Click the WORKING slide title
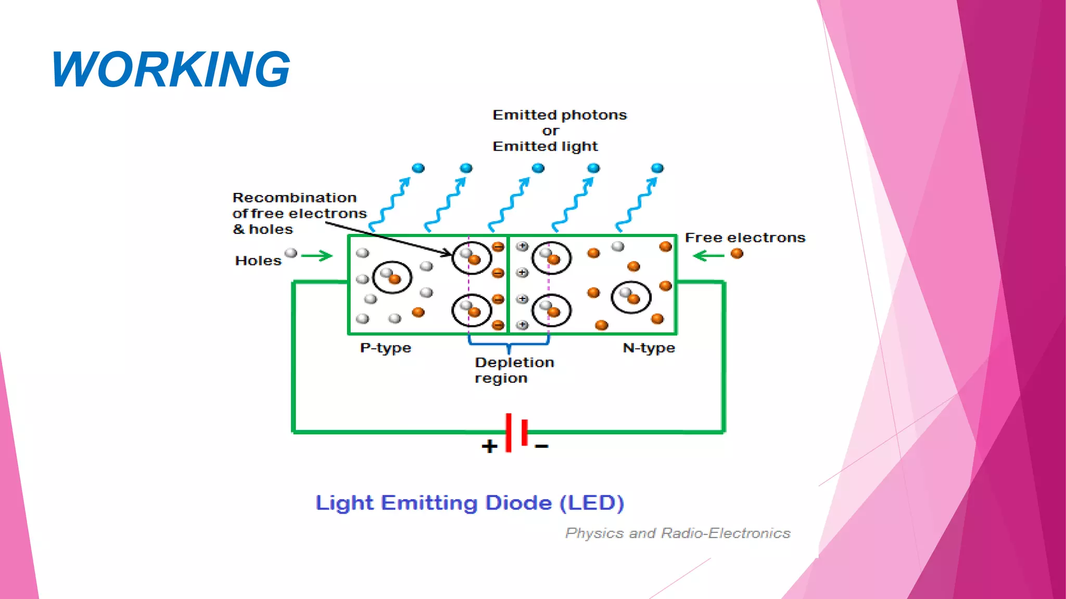coord(171,69)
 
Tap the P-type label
coord(385,348)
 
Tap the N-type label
coord(649,348)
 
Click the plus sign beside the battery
coord(489,446)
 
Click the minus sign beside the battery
coord(542,446)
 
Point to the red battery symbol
coord(516,432)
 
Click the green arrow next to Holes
coord(316,255)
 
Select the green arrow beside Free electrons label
coord(709,255)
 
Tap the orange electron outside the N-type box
coord(737,254)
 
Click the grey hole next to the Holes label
coord(291,253)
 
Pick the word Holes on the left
coord(258,261)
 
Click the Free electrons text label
coord(745,238)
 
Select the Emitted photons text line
coord(560,115)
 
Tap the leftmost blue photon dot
coord(418,168)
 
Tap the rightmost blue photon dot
coord(657,168)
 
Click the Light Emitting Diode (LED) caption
coord(469,503)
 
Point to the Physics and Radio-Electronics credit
coord(678,533)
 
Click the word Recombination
coord(295,198)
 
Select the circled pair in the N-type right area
coord(631,297)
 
